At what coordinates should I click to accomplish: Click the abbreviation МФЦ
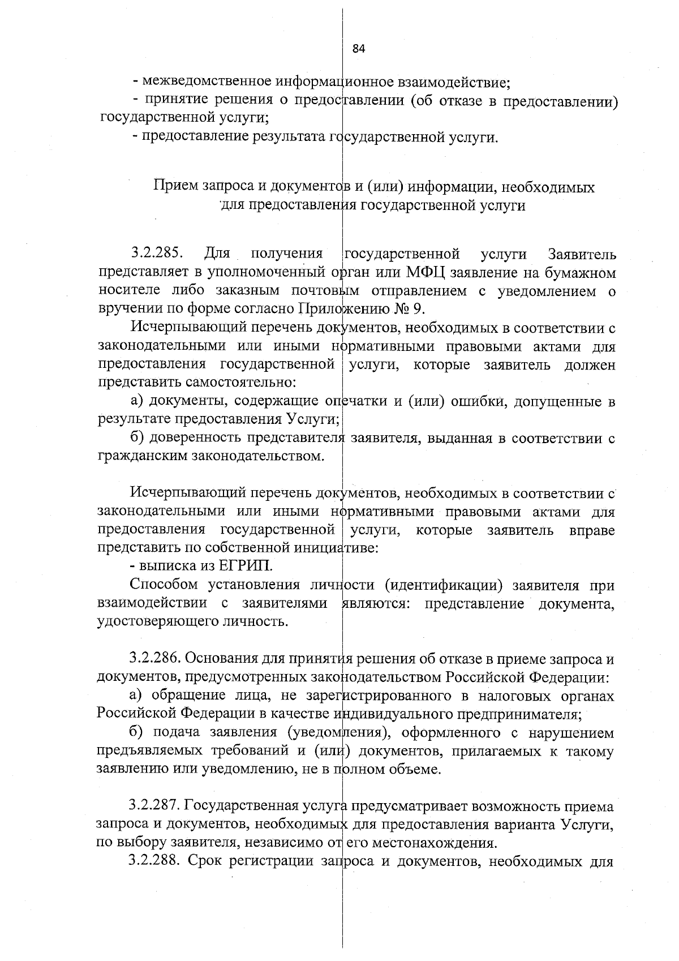(426, 272)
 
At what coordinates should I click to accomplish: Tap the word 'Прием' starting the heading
(177, 187)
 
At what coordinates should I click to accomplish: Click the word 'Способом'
(164, 585)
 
